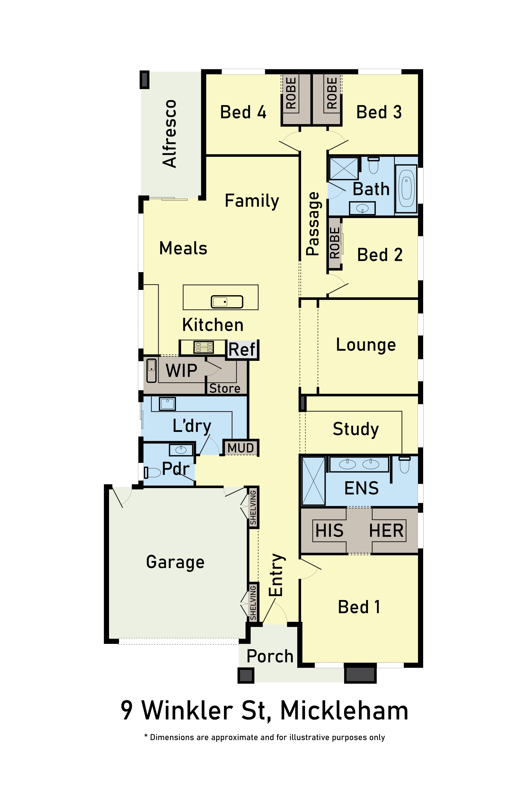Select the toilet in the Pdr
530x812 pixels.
[x=152, y=473]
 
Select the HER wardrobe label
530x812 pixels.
[x=386, y=531]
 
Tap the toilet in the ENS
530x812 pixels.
[x=404, y=465]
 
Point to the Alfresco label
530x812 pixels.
[x=170, y=133]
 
